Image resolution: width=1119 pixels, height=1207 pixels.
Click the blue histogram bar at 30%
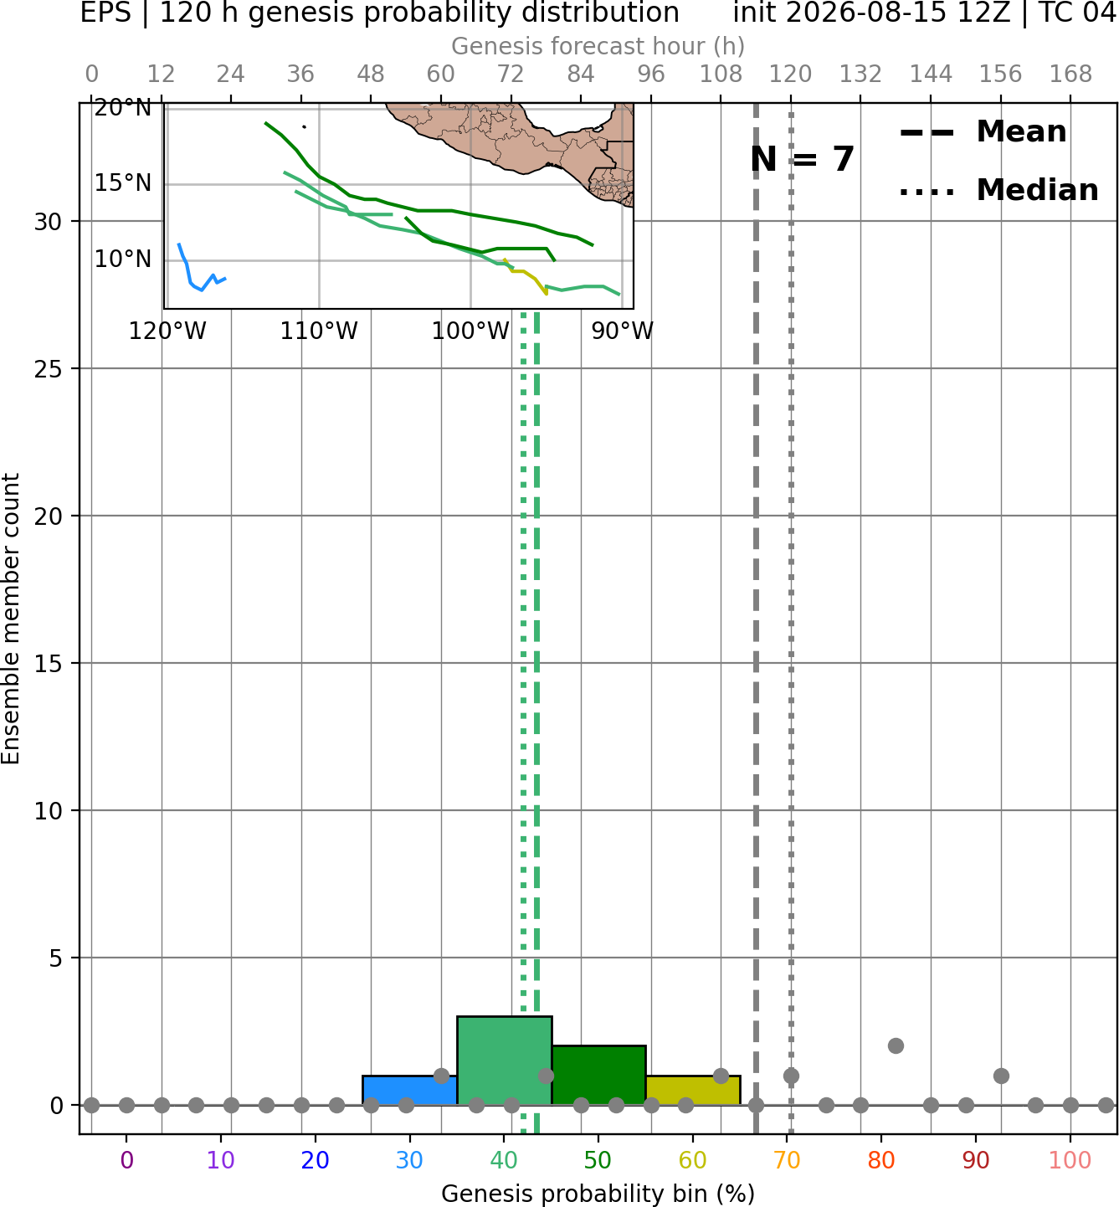click(x=409, y=1090)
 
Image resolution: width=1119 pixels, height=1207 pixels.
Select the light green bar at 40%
click(x=505, y=1061)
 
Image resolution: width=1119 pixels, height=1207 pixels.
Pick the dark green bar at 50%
click(x=598, y=1075)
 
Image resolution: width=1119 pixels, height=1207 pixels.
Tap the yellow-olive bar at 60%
click(x=693, y=1090)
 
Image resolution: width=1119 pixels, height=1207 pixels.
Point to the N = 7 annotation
click(x=803, y=159)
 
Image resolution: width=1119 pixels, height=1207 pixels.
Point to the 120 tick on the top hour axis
click(x=790, y=74)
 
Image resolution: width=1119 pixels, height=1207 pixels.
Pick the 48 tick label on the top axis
click(x=371, y=74)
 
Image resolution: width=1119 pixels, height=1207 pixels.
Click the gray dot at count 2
click(x=896, y=1046)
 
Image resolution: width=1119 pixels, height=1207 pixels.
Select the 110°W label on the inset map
click(x=319, y=331)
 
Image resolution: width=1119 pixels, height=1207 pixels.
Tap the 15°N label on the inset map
click(x=123, y=183)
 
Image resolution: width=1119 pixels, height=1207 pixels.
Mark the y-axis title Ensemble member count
click(x=10, y=619)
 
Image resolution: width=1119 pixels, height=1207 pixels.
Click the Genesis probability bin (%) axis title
click(x=598, y=1194)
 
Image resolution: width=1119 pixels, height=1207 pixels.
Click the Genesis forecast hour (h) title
click(x=598, y=46)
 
